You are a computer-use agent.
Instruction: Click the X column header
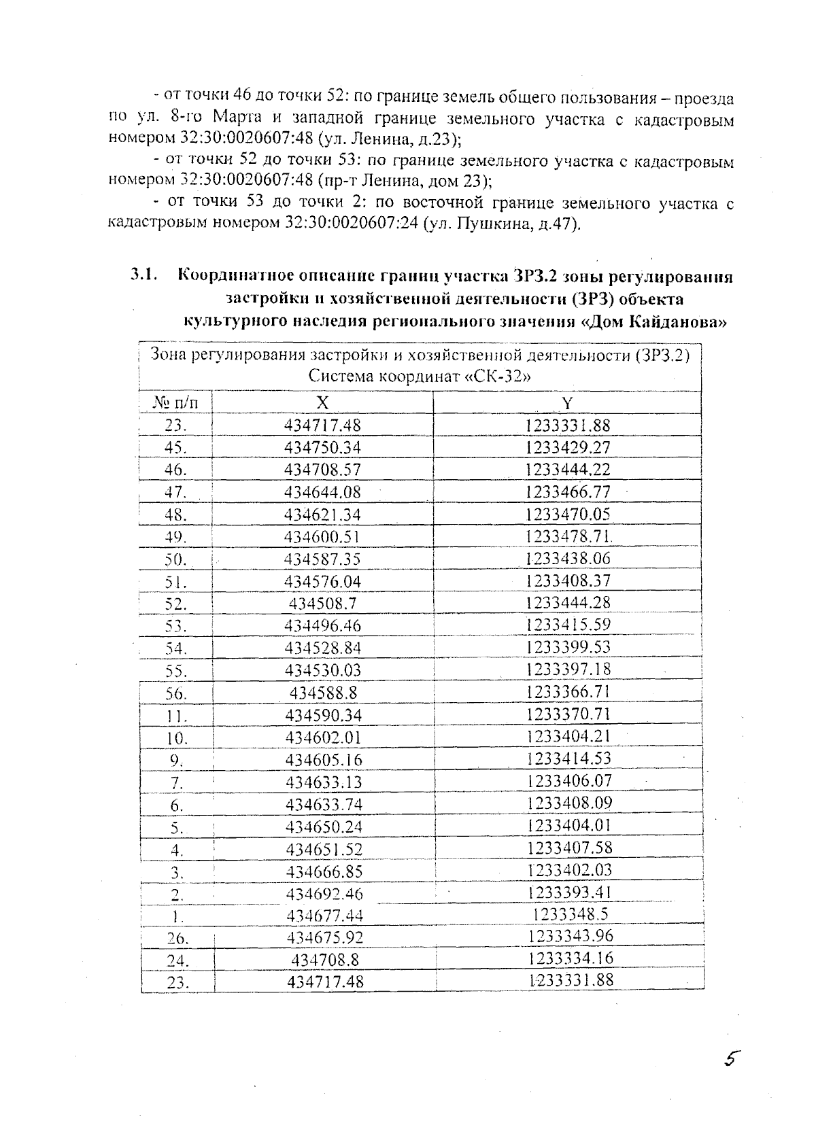[322, 403]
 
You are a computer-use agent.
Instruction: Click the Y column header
[567, 403]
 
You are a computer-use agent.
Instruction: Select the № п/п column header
[176, 403]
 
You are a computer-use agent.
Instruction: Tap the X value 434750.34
[322, 448]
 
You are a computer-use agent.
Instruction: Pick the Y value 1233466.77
[568, 491]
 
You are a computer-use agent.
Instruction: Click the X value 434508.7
[322, 604]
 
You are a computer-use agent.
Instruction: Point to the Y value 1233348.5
[570, 914]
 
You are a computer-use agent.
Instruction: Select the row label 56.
[175, 694]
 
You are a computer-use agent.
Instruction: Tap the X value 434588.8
[323, 693]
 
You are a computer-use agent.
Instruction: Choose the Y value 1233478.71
[568, 536]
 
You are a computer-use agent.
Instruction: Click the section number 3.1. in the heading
[144, 276]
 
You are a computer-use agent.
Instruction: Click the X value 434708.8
[324, 960]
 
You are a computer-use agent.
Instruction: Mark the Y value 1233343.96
[571, 936]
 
